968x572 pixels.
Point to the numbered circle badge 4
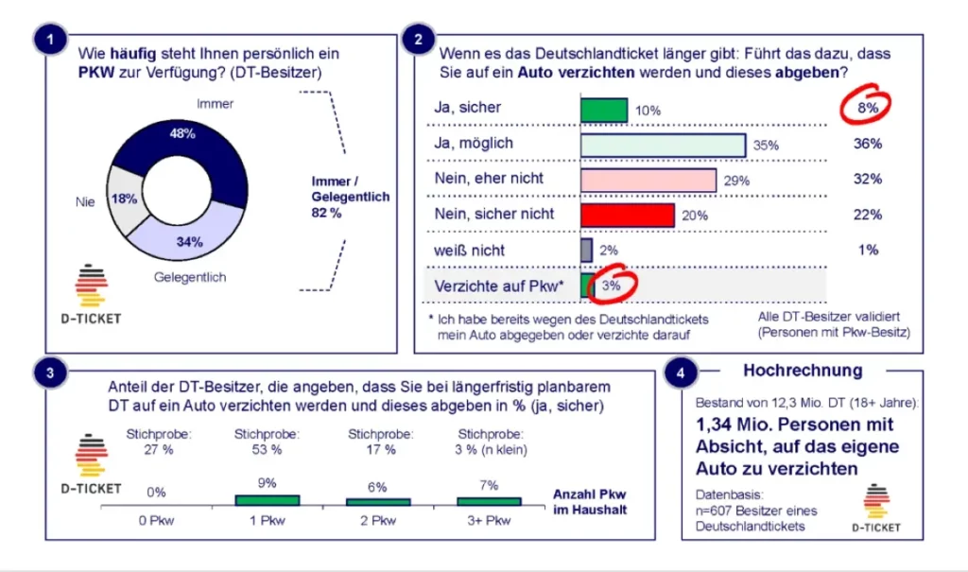(x=682, y=373)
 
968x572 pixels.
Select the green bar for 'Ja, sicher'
(x=603, y=110)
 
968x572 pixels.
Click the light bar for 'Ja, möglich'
(x=663, y=144)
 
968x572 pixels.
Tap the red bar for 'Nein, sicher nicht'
(x=627, y=215)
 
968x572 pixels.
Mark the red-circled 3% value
(x=612, y=286)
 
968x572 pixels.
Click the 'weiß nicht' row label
(x=469, y=251)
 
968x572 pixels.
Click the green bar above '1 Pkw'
(x=267, y=499)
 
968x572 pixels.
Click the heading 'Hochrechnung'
(x=789, y=371)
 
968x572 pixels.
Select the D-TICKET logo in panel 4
(x=875, y=510)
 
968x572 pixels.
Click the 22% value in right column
(x=866, y=215)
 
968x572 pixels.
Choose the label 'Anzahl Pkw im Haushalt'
(x=589, y=502)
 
